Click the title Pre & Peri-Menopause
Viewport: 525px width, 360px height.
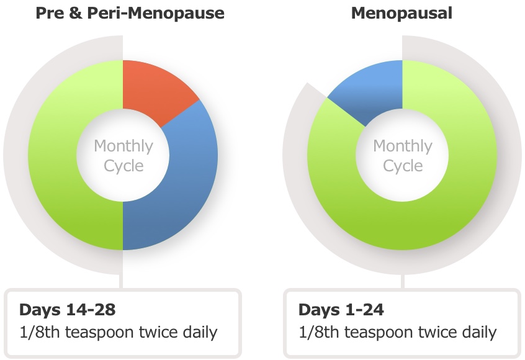pos(130,14)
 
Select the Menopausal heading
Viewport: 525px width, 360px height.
pos(402,14)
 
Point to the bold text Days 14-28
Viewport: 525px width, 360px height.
pos(67,310)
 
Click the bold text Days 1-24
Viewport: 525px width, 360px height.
pos(341,310)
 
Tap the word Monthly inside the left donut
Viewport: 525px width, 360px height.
pos(123,146)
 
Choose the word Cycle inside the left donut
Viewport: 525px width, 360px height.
pos(123,166)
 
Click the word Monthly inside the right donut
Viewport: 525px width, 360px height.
pos(403,146)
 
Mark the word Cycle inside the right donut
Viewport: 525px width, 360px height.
pos(403,166)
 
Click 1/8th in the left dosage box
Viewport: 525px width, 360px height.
pos(40,332)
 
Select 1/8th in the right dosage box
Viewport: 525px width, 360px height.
pos(319,332)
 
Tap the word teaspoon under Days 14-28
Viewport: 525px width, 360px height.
pos(99,333)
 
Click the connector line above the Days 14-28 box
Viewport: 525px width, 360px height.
pos(121,281)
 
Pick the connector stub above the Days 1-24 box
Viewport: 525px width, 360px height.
pos(403,281)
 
